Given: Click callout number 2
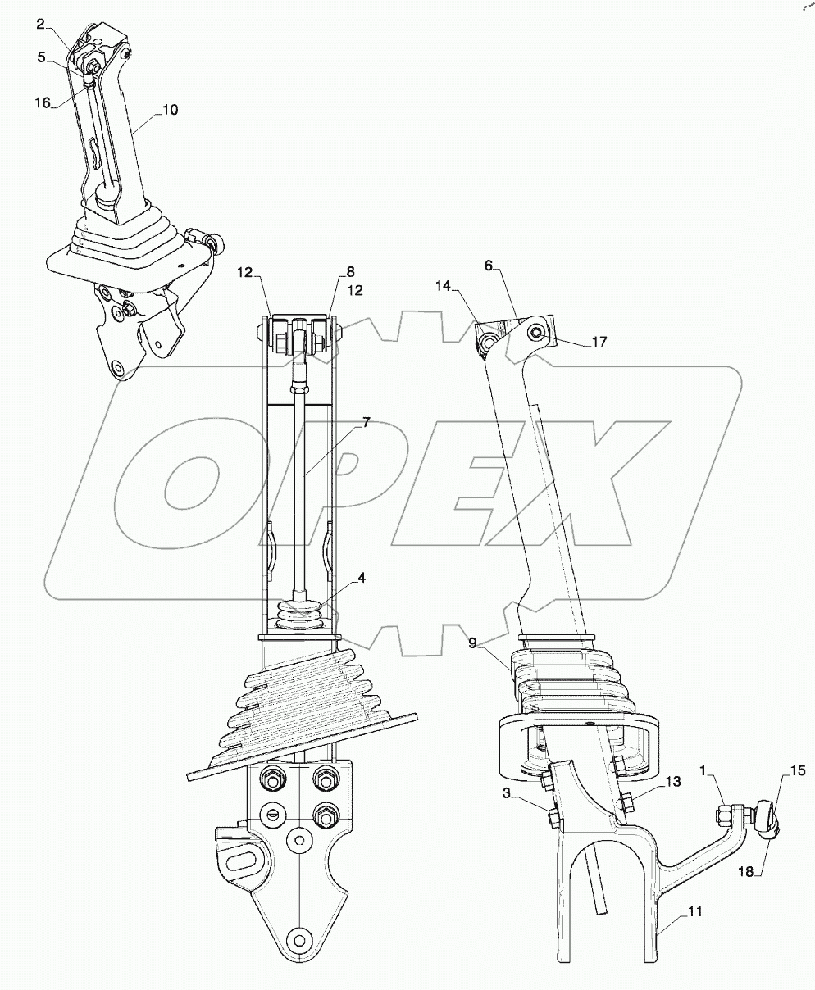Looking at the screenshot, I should pyautogui.click(x=40, y=24).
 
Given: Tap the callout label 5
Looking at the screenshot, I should pyautogui.click(x=40, y=57).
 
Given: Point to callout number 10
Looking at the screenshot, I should pyautogui.click(x=169, y=110).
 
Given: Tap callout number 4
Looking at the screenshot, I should pyautogui.click(x=361, y=577).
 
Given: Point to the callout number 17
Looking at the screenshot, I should pyautogui.click(x=599, y=342).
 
